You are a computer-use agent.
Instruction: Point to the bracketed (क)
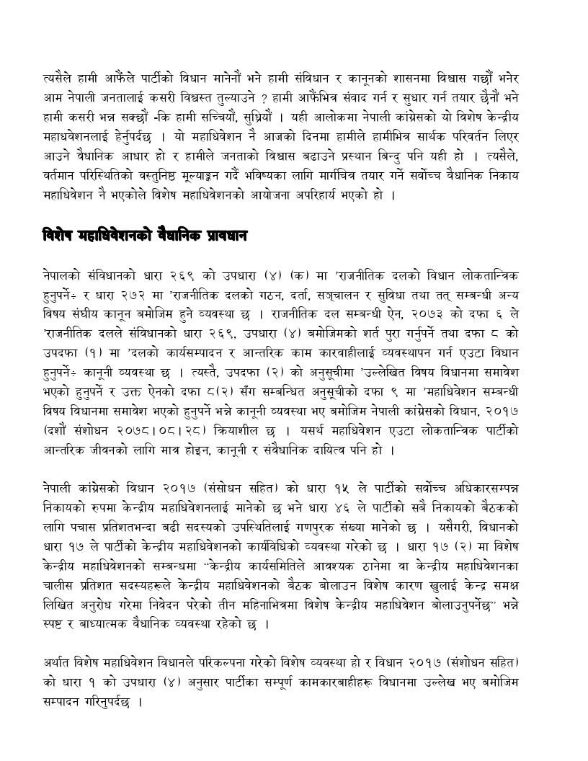point(298,276)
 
